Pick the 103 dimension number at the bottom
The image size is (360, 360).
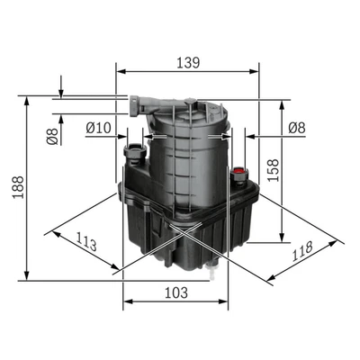(x=176, y=292)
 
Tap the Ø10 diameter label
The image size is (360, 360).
(x=98, y=129)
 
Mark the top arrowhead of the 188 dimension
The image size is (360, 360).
(x=29, y=98)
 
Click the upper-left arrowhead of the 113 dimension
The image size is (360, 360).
(x=54, y=231)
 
